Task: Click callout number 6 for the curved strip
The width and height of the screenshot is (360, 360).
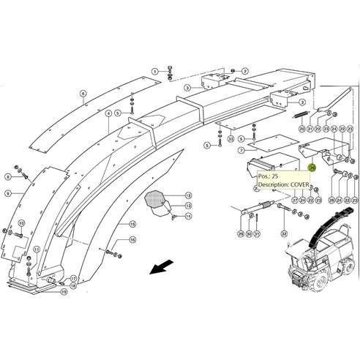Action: point(83,94)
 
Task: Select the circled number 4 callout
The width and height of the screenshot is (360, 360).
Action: point(108,113)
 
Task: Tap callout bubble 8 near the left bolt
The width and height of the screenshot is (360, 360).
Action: point(9,176)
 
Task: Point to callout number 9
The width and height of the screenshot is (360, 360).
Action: point(9,192)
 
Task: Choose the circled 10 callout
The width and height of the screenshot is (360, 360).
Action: point(21,223)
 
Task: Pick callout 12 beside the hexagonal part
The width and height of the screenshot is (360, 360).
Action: point(188,195)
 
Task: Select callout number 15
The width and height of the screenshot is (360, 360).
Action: point(132,223)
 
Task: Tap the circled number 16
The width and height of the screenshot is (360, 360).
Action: point(132,239)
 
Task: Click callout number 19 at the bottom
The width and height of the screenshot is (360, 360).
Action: point(64,291)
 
